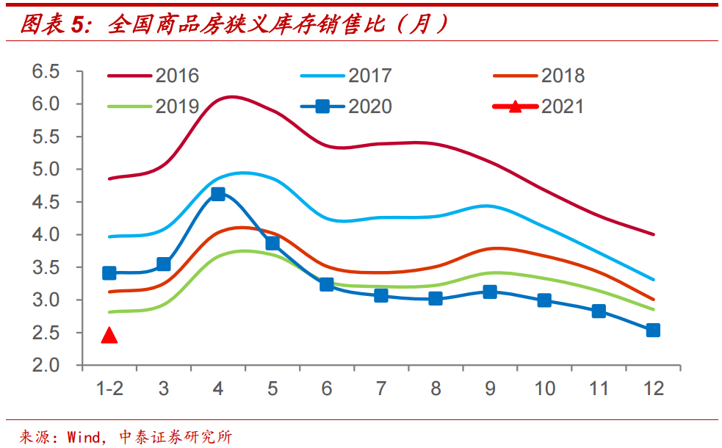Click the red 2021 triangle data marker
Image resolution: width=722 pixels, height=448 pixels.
(109, 336)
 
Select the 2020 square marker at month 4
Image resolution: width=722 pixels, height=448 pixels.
(218, 194)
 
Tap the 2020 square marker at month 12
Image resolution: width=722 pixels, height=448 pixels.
(652, 330)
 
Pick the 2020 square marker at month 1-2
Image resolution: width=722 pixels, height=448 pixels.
(109, 273)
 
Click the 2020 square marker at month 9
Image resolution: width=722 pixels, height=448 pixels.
(490, 292)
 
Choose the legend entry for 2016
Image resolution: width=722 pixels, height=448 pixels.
(154, 76)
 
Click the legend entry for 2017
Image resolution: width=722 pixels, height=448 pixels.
(347, 76)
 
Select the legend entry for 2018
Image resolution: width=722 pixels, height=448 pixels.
(539, 76)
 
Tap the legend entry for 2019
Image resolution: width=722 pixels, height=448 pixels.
(154, 106)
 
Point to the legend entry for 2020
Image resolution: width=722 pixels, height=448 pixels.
(347, 106)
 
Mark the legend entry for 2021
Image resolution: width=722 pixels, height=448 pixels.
(539, 106)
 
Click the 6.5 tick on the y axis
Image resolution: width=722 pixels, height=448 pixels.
(45, 72)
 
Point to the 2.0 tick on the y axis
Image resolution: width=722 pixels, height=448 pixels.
(45, 365)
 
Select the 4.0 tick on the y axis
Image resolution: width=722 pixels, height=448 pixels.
(45, 235)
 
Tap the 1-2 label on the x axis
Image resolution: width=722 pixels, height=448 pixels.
(109, 388)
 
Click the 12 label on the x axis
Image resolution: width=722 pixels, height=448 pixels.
(652, 388)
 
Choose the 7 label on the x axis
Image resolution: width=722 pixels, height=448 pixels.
(381, 388)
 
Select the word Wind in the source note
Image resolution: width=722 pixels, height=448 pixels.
(83, 437)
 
